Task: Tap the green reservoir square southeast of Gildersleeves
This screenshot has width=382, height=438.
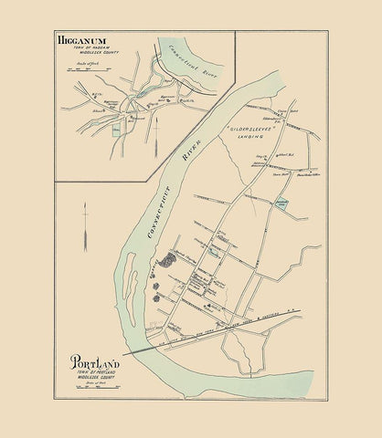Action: pyautogui.click(x=282, y=203)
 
